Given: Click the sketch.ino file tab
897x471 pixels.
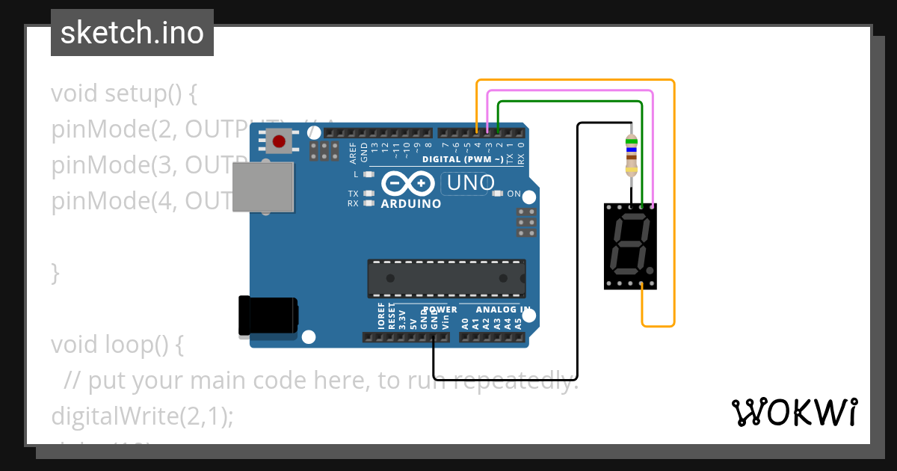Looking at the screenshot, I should (x=132, y=33).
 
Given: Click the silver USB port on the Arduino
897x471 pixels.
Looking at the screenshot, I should (x=262, y=186).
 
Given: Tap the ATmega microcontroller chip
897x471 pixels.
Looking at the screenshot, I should (x=446, y=278).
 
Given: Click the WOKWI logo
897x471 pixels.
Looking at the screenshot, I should (x=795, y=412).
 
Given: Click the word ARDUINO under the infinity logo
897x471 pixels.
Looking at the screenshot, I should (x=410, y=203).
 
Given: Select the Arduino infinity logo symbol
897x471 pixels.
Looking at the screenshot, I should (x=408, y=183).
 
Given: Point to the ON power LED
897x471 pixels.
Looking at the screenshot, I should (x=499, y=194).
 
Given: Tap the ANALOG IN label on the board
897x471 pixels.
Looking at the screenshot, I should (x=503, y=310).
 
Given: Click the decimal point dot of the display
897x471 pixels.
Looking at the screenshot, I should (x=650, y=271).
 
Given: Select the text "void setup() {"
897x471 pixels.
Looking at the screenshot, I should (x=123, y=94).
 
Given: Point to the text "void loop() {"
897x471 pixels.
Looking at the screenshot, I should (x=117, y=345).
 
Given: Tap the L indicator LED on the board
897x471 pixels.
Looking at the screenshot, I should (x=368, y=174).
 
